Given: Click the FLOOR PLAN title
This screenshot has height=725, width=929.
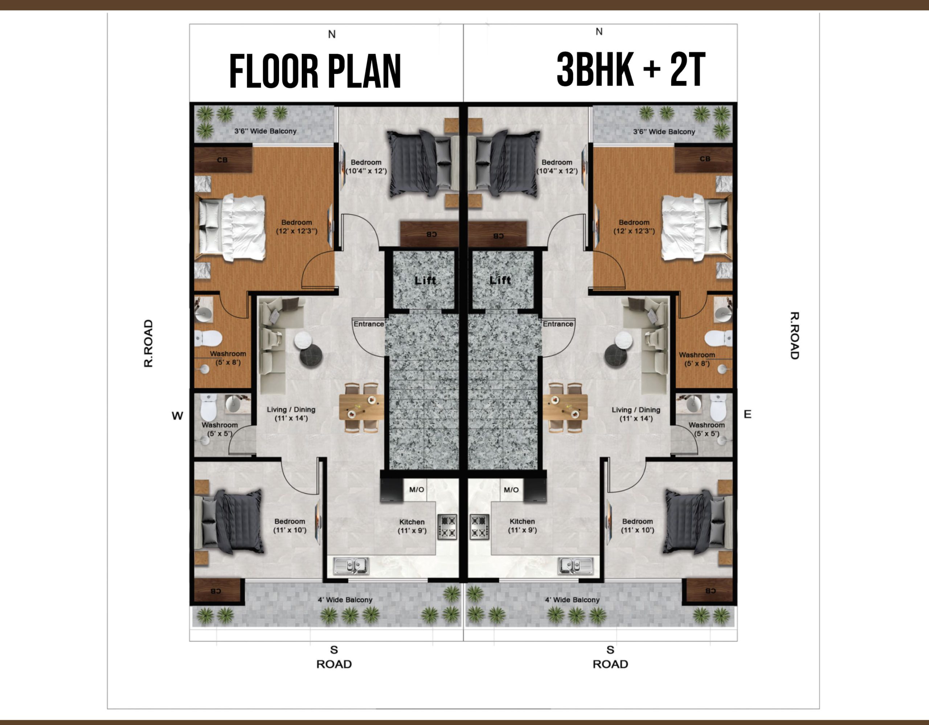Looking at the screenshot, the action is [x=315, y=71].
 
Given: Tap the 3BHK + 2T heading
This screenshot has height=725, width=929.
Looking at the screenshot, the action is [x=631, y=69].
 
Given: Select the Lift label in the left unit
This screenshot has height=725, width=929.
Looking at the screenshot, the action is [x=425, y=280].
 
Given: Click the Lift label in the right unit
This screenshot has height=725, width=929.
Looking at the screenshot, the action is [x=500, y=280].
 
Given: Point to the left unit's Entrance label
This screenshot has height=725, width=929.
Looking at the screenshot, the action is [x=369, y=324].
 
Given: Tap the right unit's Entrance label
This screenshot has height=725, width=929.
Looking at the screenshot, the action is [x=558, y=324].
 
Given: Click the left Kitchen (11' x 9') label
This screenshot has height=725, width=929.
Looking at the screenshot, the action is [x=412, y=526].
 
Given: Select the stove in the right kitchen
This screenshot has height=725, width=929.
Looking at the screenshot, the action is [x=479, y=527].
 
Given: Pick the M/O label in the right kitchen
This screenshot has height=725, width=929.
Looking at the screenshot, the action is [x=511, y=490].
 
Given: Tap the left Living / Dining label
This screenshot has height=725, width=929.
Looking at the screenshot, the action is [x=291, y=413].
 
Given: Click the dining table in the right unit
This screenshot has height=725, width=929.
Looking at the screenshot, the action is [x=565, y=408].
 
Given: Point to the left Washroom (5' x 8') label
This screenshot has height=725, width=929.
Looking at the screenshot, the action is [x=228, y=358].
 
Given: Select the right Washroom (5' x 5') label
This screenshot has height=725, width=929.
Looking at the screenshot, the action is [x=707, y=429].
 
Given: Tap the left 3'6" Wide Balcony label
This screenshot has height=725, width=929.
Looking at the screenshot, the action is [x=265, y=131].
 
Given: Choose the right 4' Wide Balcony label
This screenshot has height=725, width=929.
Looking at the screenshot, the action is [x=572, y=599].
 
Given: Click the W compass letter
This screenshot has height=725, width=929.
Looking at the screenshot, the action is [x=177, y=416].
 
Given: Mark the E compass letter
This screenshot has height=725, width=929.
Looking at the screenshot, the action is [x=747, y=414].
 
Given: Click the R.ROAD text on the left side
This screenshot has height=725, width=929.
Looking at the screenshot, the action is [x=148, y=343].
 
